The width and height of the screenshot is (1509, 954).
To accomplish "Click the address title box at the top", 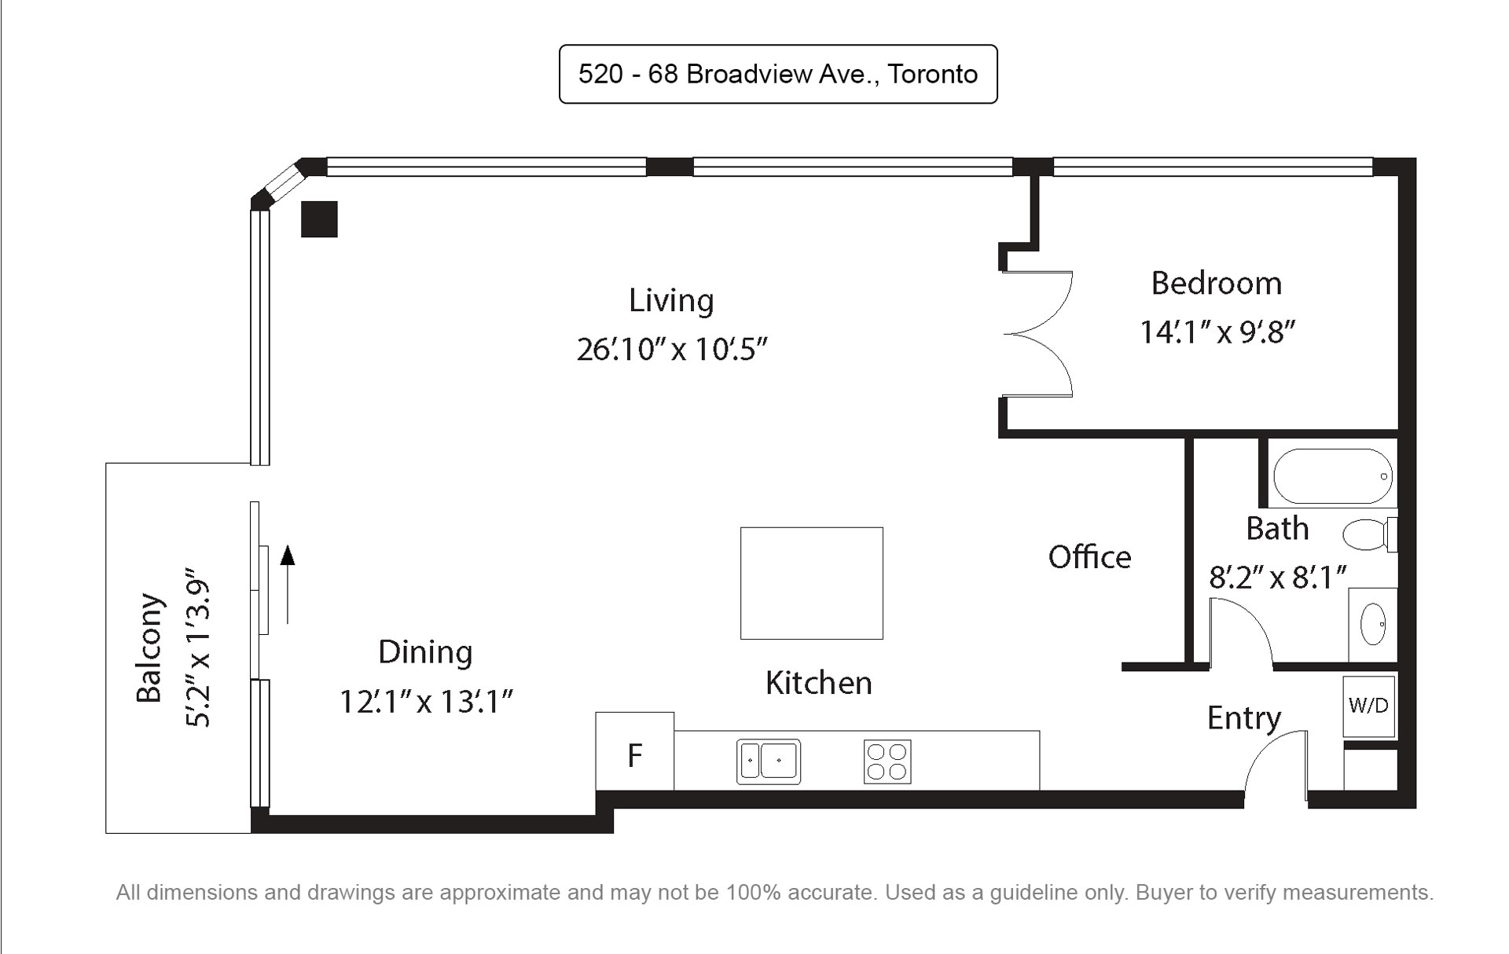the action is coord(778,74).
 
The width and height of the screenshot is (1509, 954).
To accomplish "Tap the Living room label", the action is coord(671,300).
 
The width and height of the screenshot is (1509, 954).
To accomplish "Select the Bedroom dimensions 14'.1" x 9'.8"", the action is coord(1217,332).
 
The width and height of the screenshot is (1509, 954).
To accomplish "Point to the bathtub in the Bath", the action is coord(1333,476).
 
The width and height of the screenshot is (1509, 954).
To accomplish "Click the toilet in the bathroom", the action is coord(1370,534).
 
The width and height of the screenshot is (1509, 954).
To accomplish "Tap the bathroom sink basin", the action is coord(1373,624).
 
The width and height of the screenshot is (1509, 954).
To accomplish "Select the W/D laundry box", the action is coord(1369,706).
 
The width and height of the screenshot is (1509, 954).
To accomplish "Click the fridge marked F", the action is coord(635,751).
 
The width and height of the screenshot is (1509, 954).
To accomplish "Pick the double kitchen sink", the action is coord(769,761).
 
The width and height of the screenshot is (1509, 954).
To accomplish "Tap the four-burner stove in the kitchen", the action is coord(887,761).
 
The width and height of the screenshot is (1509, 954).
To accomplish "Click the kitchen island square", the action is coord(812,583).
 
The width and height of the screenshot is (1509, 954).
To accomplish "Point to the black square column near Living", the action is coord(320,219).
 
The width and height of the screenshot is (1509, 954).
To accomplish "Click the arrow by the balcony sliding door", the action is coord(288,585).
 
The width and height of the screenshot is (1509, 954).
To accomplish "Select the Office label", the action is coord(1090,557).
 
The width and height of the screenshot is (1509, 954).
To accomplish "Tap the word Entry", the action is coord(1244,718).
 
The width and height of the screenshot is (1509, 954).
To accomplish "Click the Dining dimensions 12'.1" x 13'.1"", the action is coord(426,701).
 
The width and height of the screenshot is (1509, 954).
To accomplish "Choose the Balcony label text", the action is coord(149,648).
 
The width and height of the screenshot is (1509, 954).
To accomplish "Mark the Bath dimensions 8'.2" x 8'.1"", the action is coord(1278,578).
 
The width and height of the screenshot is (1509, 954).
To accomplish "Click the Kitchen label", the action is coord(819,683).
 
